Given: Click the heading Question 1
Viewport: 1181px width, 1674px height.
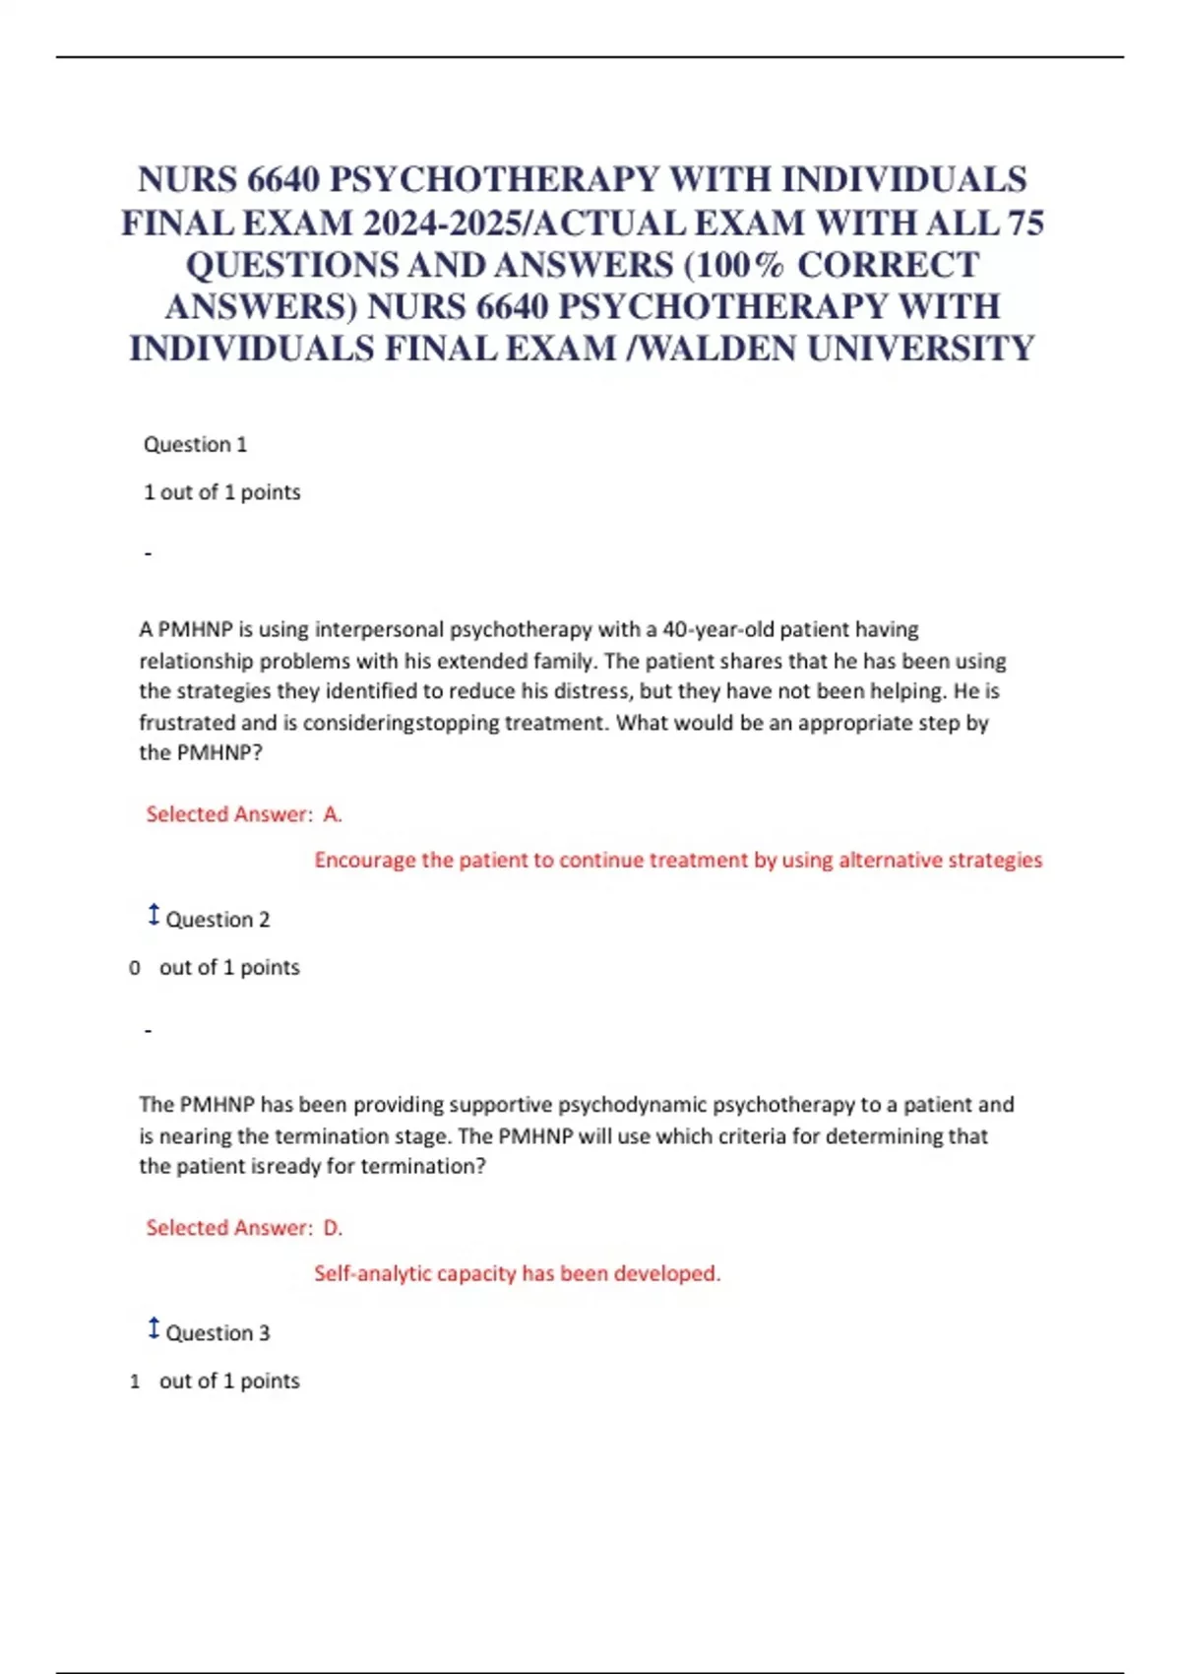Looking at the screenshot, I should pos(195,444).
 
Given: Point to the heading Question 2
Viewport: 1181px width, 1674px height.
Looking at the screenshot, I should pos(218,920).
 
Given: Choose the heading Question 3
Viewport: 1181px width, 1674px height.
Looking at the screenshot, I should pos(218,1333).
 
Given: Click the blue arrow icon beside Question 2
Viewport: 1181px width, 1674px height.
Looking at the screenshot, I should pos(154,915).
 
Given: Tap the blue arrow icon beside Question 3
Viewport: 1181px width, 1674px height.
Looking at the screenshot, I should pos(154,1328).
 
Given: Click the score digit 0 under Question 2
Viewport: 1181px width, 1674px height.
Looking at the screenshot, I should pos(135,968).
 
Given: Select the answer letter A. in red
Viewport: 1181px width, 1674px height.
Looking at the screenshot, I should pos(333,814).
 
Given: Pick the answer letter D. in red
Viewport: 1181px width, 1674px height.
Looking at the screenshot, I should pos(333,1228).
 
